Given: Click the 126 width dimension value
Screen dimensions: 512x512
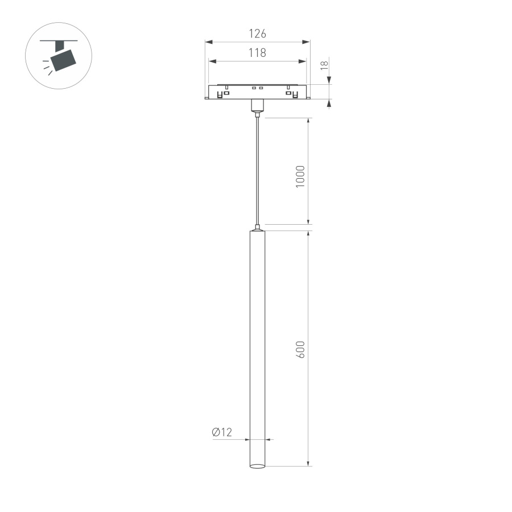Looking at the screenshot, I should pyautogui.click(x=258, y=34).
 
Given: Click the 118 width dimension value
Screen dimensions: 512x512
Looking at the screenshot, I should pyautogui.click(x=258, y=53).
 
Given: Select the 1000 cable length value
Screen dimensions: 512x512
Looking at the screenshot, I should pyautogui.click(x=301, y=176).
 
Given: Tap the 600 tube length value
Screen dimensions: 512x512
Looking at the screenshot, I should pyautogui.click(x=301, y=349).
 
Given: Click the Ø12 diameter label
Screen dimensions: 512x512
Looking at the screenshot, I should pyautogui.click(x=222, y=432).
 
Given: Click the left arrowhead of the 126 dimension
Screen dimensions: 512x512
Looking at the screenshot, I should pyautogui.click(x=209, y=42).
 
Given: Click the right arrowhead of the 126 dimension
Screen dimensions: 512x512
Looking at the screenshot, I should pyautogui.click(x=307, y=42).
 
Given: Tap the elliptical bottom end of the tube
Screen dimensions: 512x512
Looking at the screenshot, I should pyautogui.click(x=258, y=466).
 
